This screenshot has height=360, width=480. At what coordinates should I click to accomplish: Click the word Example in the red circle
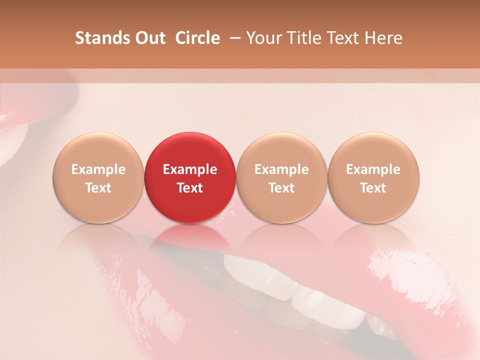click(x=190, y=169)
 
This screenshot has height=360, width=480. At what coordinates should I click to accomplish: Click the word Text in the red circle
click(x=190, y=188)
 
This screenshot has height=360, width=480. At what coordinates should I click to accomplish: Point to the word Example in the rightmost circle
click(x=373, y=169)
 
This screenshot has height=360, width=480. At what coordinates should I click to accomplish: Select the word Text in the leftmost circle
click(x=98, y=188)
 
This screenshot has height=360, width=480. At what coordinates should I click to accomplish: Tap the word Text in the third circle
click(x=281, y=188)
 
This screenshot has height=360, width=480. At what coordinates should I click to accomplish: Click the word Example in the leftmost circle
click(x=98, y=169)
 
